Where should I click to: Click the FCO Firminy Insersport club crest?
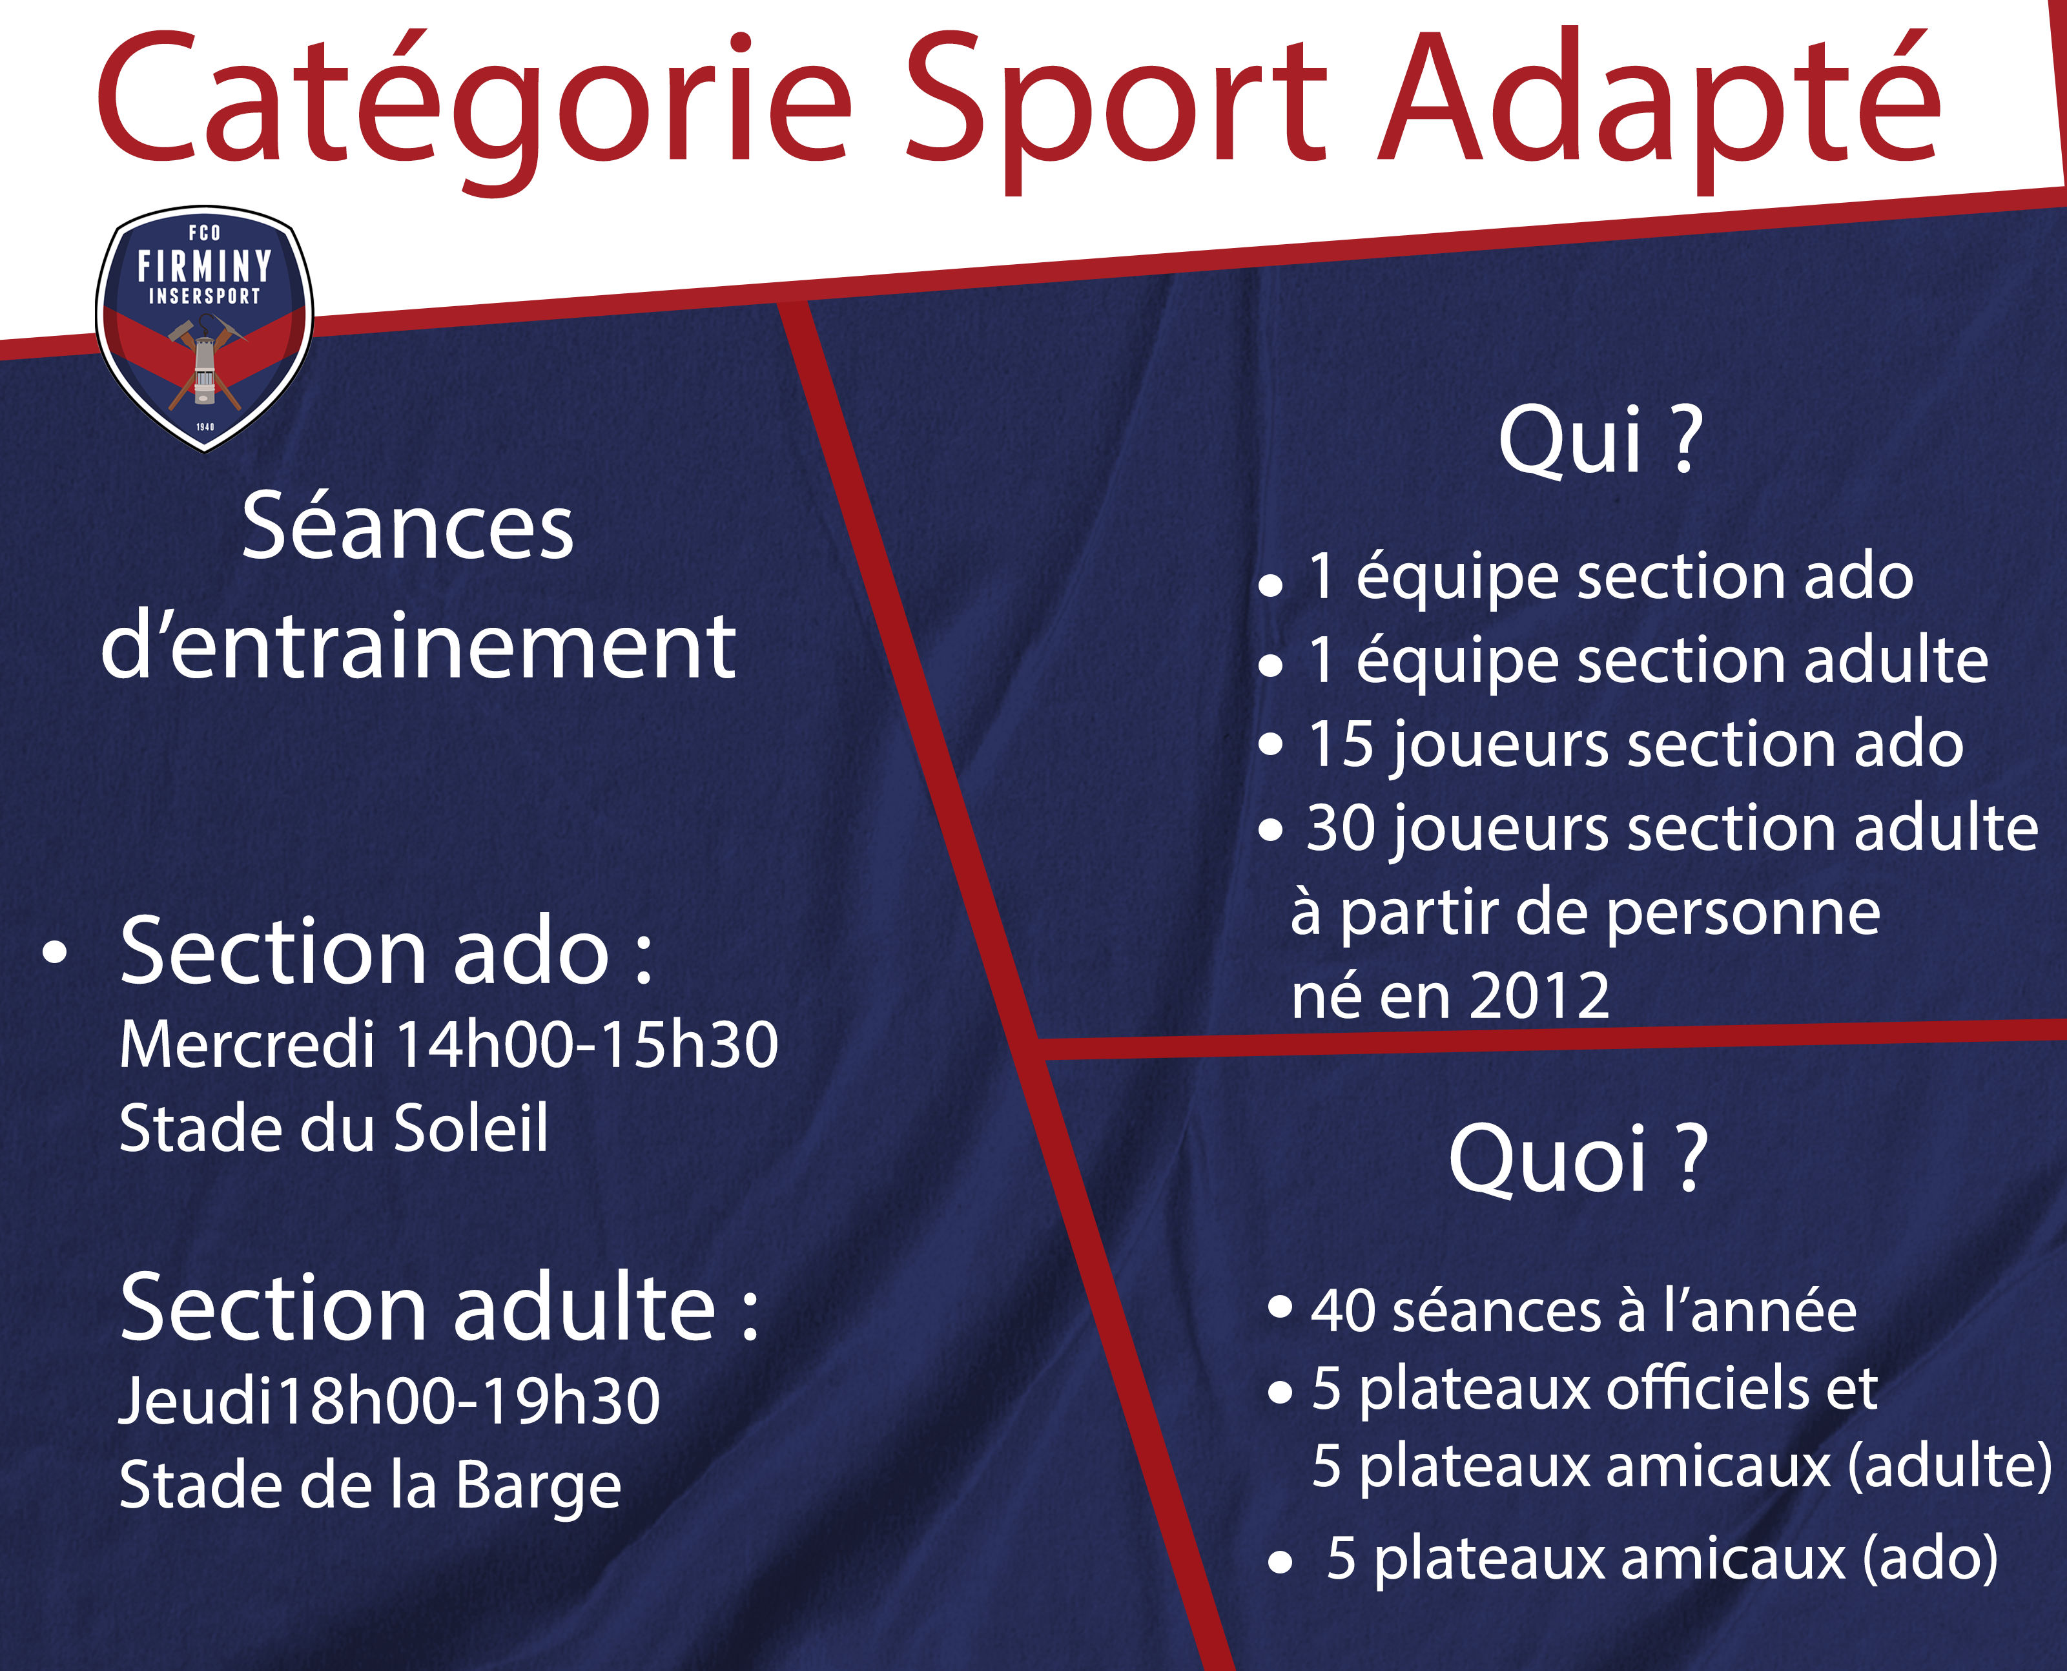coord(204,328)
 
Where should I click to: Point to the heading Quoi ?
coord(1578,1160)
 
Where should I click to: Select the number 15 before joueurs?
coord(1339,744)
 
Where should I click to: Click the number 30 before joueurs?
coord(1341,828)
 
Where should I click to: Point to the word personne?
coord(1743,915)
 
